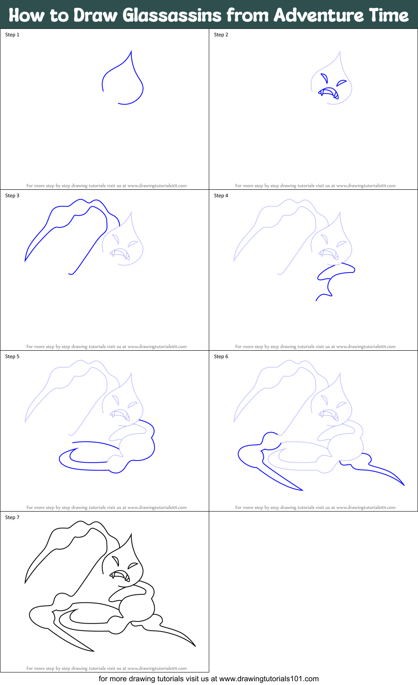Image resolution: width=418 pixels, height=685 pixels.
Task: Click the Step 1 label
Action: click(x=12, y=35)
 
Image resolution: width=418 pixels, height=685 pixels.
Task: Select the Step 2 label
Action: click(x=221, y=35)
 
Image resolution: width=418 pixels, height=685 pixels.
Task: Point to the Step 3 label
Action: click(x=12, y=196)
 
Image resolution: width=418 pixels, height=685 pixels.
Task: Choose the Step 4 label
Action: click(x=221, y=196)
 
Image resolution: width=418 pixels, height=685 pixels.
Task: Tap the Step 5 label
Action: click(x=12, y=357)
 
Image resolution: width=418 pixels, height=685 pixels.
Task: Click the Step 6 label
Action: click(x=221, y=357)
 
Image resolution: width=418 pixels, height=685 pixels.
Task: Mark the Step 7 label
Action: click(x=12, y=517)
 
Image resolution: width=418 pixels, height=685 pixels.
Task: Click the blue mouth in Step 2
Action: click(x=329, y=92)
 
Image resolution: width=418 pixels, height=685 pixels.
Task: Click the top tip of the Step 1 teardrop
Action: click(x=131, y=51)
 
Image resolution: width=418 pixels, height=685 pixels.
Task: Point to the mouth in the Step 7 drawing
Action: click(x=121, y=576)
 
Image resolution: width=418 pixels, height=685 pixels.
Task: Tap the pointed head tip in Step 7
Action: click(x=131, y=534)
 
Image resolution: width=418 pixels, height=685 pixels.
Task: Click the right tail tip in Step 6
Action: click(x=404, y=485)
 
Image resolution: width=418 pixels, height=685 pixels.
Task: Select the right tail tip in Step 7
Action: click(x=195, y=646)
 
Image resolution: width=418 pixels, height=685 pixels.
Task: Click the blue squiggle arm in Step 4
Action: click(x=335, y=278)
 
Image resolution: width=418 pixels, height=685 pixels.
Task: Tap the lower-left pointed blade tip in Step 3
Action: click(x=26, y=261)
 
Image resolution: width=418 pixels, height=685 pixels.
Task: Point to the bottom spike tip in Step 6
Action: click(x=302, y=490)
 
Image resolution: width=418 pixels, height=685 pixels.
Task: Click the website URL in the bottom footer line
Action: click(x=269, y=679)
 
